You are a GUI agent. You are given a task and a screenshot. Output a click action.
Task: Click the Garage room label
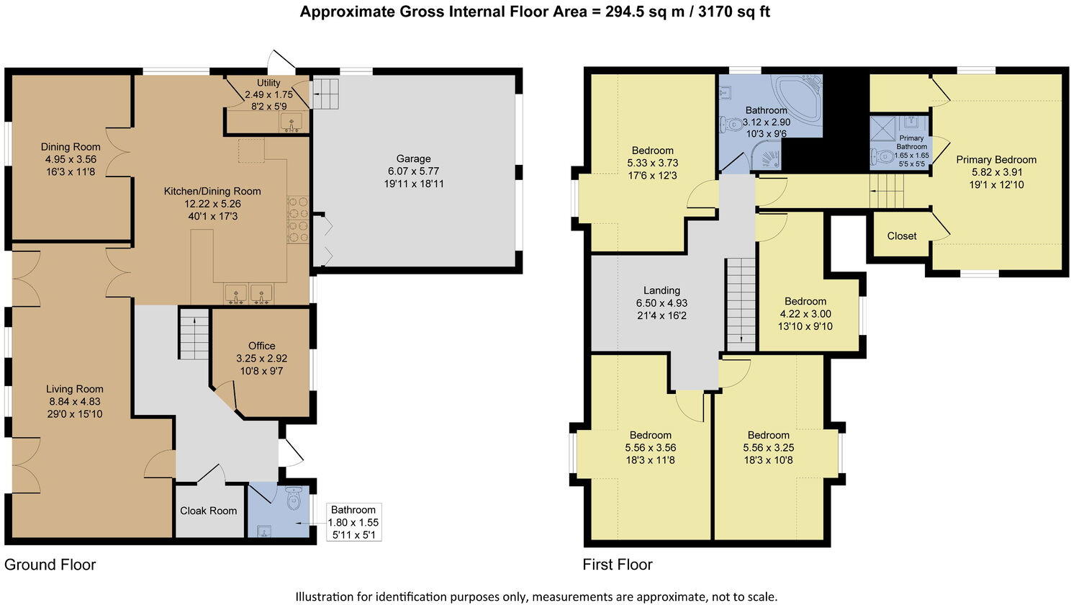[x=413, y=158]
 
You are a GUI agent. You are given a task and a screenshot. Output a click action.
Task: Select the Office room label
[x=261, y=346]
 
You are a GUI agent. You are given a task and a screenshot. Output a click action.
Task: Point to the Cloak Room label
[x=208, y=511]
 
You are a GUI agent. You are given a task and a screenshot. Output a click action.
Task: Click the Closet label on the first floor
[x=901, y=236]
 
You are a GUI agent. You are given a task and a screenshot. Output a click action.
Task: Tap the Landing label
[x=661, y=291]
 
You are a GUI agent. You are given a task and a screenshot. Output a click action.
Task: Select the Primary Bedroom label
[x=995, y=160]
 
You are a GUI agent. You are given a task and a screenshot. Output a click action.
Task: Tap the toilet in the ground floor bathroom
[x=294, y=498]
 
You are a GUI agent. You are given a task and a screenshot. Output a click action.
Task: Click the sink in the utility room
[x=292, y=123]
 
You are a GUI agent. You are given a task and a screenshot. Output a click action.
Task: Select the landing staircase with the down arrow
[x=740, y=302]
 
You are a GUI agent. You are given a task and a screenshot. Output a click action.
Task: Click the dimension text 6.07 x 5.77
[x=413, y=171]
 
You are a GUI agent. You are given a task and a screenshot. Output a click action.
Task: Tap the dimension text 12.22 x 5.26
[x=212, y=204]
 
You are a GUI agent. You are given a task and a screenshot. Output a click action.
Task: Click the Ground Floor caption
[x=50, y=565]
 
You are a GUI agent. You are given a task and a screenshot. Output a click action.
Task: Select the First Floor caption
[x=617, y=565]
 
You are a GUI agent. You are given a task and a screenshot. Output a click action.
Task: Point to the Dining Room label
[x=70, y=147]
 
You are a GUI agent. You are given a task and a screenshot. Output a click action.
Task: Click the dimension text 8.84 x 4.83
[x=74, y=402]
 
